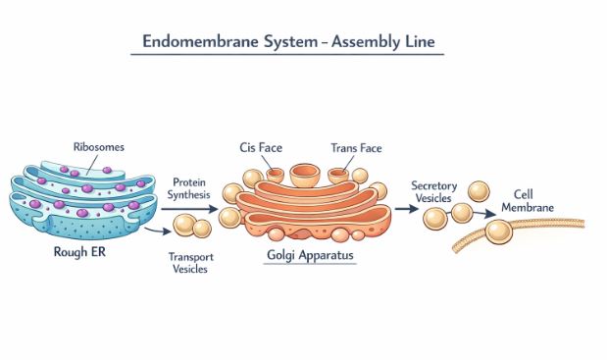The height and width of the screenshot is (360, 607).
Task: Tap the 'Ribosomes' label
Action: tap(99, 147)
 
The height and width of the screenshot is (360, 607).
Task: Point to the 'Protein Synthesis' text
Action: tap(188, 190)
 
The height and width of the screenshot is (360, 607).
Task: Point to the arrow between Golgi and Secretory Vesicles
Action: tap(404, 209)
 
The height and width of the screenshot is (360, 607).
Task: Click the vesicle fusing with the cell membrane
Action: tap(499, 231)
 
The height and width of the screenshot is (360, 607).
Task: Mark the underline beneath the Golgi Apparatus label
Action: tap(311, 267)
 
